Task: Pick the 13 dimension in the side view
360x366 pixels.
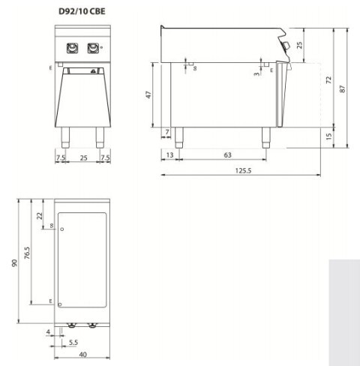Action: (x=169, y=155)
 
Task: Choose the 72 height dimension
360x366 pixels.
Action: (x=328, y=79)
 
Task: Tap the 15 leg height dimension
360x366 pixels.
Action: (x=328, y=136)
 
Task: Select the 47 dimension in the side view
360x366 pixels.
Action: (x=148, y=94)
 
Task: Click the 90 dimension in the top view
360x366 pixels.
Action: (x=13, y=262)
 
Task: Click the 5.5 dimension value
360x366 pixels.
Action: (x=74, y=342)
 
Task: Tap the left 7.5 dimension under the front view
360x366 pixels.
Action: (x=61, y=157)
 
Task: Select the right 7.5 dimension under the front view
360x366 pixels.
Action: (x=106, y=157)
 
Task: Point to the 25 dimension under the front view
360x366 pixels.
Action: (x=83, y=157)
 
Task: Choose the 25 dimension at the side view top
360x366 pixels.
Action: (x=300, y=45)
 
